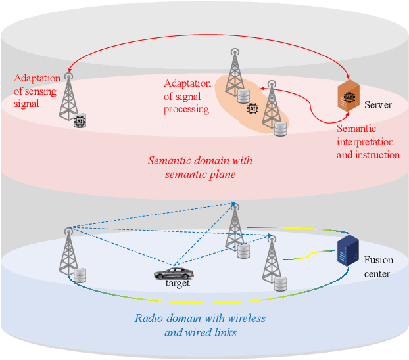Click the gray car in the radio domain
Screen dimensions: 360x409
click(174, 273)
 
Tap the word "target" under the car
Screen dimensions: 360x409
click(178, 284)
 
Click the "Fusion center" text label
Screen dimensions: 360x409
click(378, 267)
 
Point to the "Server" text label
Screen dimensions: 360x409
click(378, 105)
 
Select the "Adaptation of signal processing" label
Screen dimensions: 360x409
click(187, 97)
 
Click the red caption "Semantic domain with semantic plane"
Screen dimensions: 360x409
click(200, 167)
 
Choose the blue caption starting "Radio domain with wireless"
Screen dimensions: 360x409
click(200, 325)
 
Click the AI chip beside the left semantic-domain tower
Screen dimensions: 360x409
click(82, 120)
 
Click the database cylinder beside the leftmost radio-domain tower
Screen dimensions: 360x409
click(81, 274)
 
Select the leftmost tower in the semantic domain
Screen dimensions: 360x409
click(68, 95)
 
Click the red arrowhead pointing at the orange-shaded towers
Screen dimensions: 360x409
click(263, 86)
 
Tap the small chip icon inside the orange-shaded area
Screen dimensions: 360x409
click(250, 110)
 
